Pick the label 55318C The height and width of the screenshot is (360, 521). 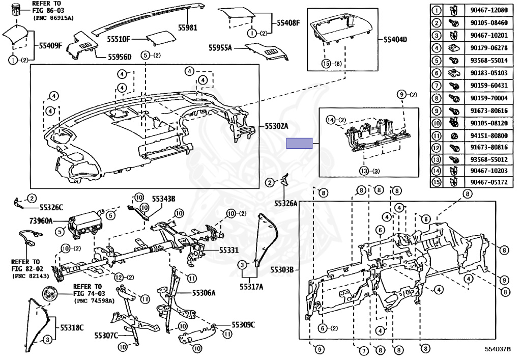(72, 327)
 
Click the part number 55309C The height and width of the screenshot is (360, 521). (243, 324)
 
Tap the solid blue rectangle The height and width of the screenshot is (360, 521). (299, 144)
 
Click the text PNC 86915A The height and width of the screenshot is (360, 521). (53, 18)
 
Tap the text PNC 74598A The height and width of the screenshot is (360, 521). (95, 300)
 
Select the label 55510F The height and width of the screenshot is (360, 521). (119, 39)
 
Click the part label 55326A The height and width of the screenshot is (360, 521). (285, 203)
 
